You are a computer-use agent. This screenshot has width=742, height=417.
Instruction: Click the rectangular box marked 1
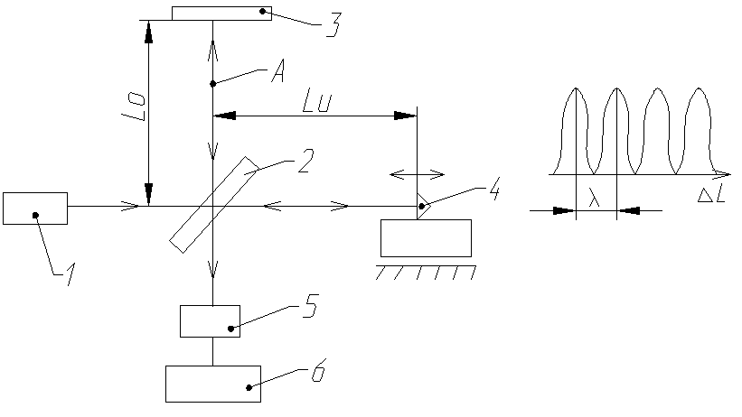click(x=34, y=208)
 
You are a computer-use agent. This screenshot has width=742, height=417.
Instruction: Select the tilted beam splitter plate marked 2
click(x=213, y=204)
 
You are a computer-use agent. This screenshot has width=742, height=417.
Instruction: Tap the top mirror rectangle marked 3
click(x=221, y=12)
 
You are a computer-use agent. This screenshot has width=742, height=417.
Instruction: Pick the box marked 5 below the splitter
click(x=210, y=320)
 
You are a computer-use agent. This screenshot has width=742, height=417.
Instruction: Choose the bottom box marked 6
click(x=212, y=383)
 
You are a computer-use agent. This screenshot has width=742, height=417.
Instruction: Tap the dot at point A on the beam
click(x=212, y=84)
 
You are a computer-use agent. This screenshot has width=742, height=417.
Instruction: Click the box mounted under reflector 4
click(x=426, y=237)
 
